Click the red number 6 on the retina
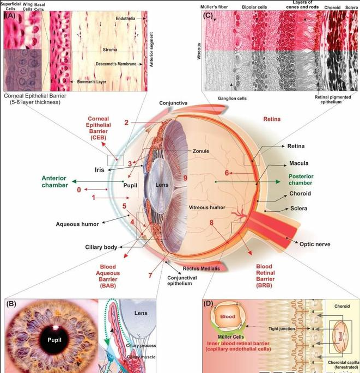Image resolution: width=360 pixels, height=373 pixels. point(227,173)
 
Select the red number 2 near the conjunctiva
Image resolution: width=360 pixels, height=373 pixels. point(126,123)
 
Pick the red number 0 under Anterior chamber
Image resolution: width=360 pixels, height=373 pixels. point(79,190)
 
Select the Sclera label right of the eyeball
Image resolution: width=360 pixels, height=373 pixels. point(298,209)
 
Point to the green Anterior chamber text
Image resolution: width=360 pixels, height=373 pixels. point(55,181)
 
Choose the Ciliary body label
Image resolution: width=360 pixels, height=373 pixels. point(101,247)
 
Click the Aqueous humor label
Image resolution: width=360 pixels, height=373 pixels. point(77,224)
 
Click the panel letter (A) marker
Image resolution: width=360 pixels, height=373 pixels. point(9,16)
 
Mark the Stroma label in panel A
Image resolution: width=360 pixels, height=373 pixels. point(109,50)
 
